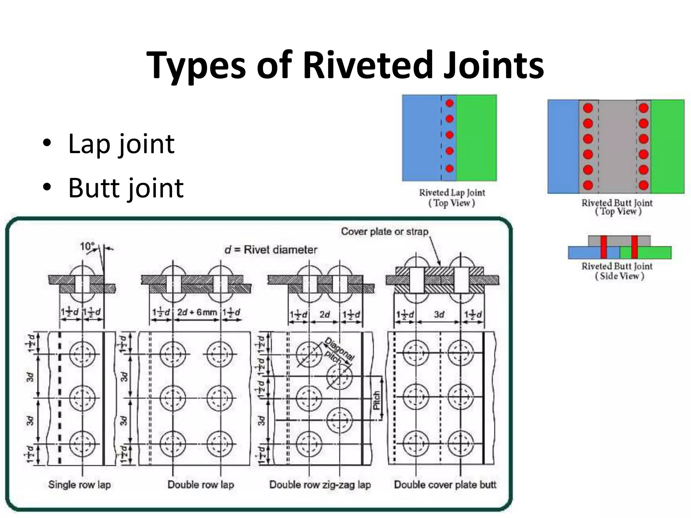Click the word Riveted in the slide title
(x=368, y=65)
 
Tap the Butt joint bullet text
(x=126, y=188)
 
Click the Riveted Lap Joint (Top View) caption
(x=452, y=198)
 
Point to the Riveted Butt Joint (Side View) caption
(x=617, y=271)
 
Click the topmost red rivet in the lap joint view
(x=449, y=103)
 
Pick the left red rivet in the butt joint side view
(x=604, y=247)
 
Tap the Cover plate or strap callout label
(x=385, y=232)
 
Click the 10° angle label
(x=87, y=246)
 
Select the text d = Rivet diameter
(x=271, y=250)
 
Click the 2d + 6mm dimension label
(x=197, y=312)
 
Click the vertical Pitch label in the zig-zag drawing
(x=377, y=400)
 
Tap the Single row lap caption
(x=80, y=485)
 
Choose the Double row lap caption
(x=201, y=485)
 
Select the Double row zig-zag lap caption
(x=320, y=485)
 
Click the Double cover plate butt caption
(x=445, y=485)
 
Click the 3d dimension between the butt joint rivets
(x=439, y=314)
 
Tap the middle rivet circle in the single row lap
(x=82, y=398)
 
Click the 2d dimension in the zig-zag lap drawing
(x=324, y=314)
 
